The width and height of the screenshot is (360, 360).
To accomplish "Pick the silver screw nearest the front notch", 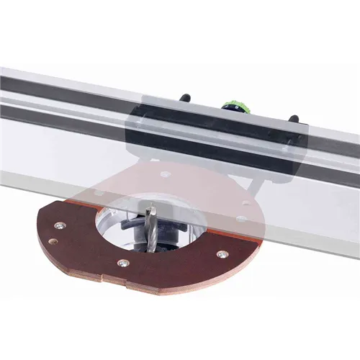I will click(x=122, y=264).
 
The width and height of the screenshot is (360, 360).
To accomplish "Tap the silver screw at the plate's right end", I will click(x=221, y=254).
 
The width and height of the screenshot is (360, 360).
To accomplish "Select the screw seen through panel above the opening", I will click(x=166, y=174).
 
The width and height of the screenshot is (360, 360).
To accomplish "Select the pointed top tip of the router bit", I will click(x=149, y=205).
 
